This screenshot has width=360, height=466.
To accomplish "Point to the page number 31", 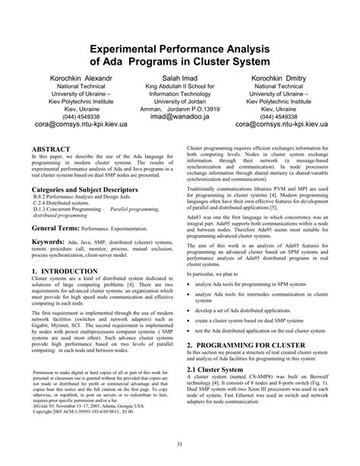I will point(180,445).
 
